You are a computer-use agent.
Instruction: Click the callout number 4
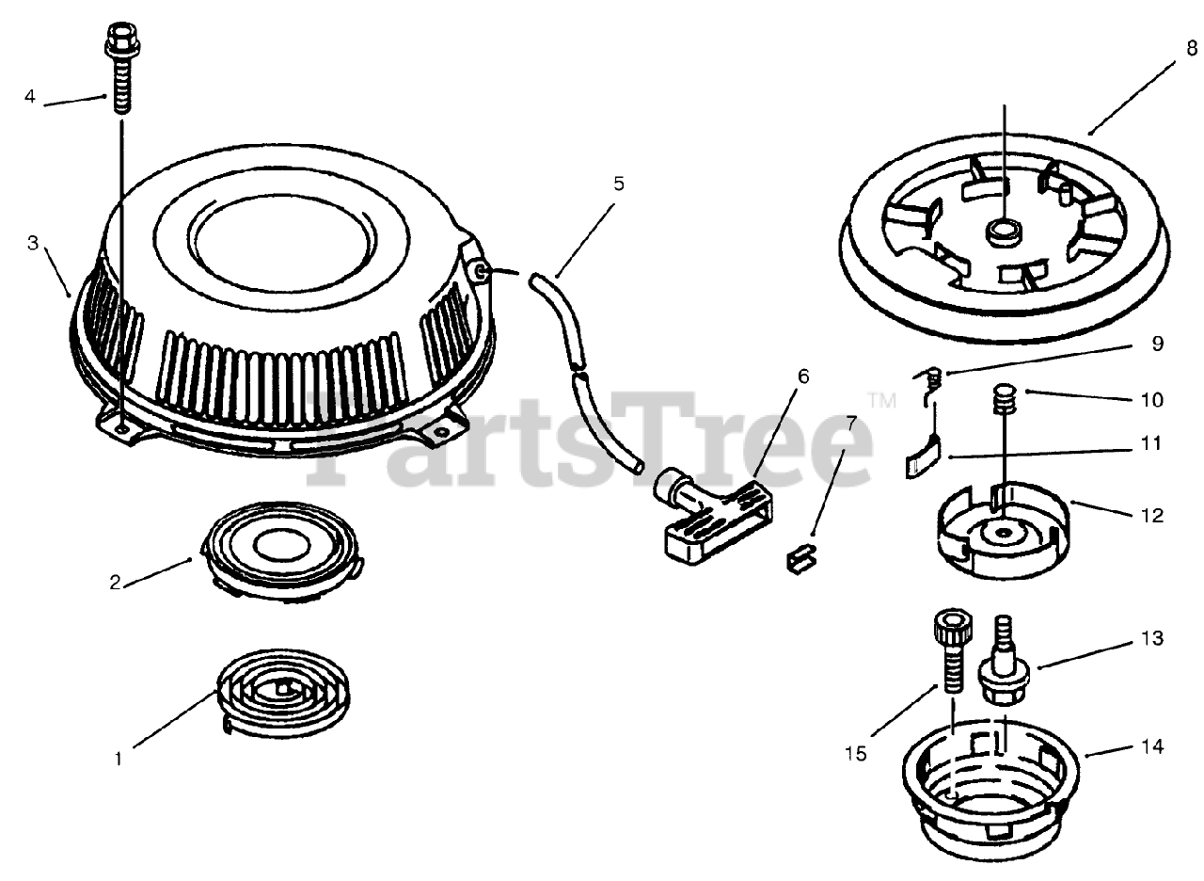tap(30, 96)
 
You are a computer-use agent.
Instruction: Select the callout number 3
tap(33, 243)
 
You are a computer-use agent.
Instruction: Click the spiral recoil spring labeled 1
tap(283, 692)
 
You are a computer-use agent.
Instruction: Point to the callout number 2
tap(115, 583)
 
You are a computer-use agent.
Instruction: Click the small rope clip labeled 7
tap(800, 559)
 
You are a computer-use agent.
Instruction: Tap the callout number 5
tap(619, 184)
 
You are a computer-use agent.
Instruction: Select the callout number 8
tap(1192, 48)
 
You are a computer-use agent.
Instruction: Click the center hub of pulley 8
tap(1004, 233)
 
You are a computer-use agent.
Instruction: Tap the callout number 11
tap(1151, 443)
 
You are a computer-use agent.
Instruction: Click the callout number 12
tap(1152, 515)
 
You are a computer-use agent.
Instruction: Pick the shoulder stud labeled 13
tap(1003, 661)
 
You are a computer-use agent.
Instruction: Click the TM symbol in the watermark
tap(882, 401)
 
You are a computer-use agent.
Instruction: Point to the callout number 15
tap(856, 754)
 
